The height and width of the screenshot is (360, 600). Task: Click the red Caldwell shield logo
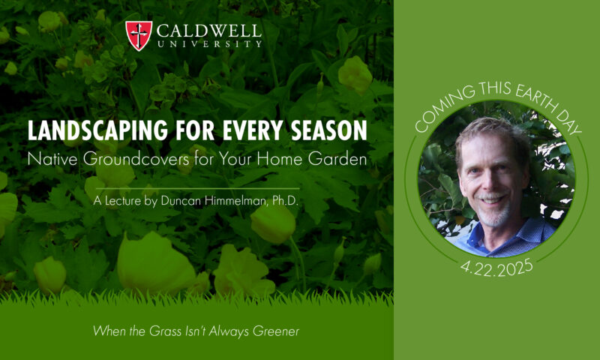tap(139, 35)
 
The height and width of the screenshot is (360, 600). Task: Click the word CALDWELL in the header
tap(209, 31)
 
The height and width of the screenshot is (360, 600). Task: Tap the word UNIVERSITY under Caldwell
tap(209, 44)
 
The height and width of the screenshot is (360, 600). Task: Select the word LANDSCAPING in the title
tap(97, 130)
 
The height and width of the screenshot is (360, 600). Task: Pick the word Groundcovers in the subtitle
tap(136, 159)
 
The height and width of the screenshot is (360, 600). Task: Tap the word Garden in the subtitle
tap(337, 159)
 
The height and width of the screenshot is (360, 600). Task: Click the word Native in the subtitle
tap(52, 159)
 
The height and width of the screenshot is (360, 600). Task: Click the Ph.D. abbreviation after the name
tap(285, 201)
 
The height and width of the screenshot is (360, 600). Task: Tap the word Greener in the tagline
tap(276, 331)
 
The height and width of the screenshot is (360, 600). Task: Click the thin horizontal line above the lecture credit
tap(197, 188)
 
